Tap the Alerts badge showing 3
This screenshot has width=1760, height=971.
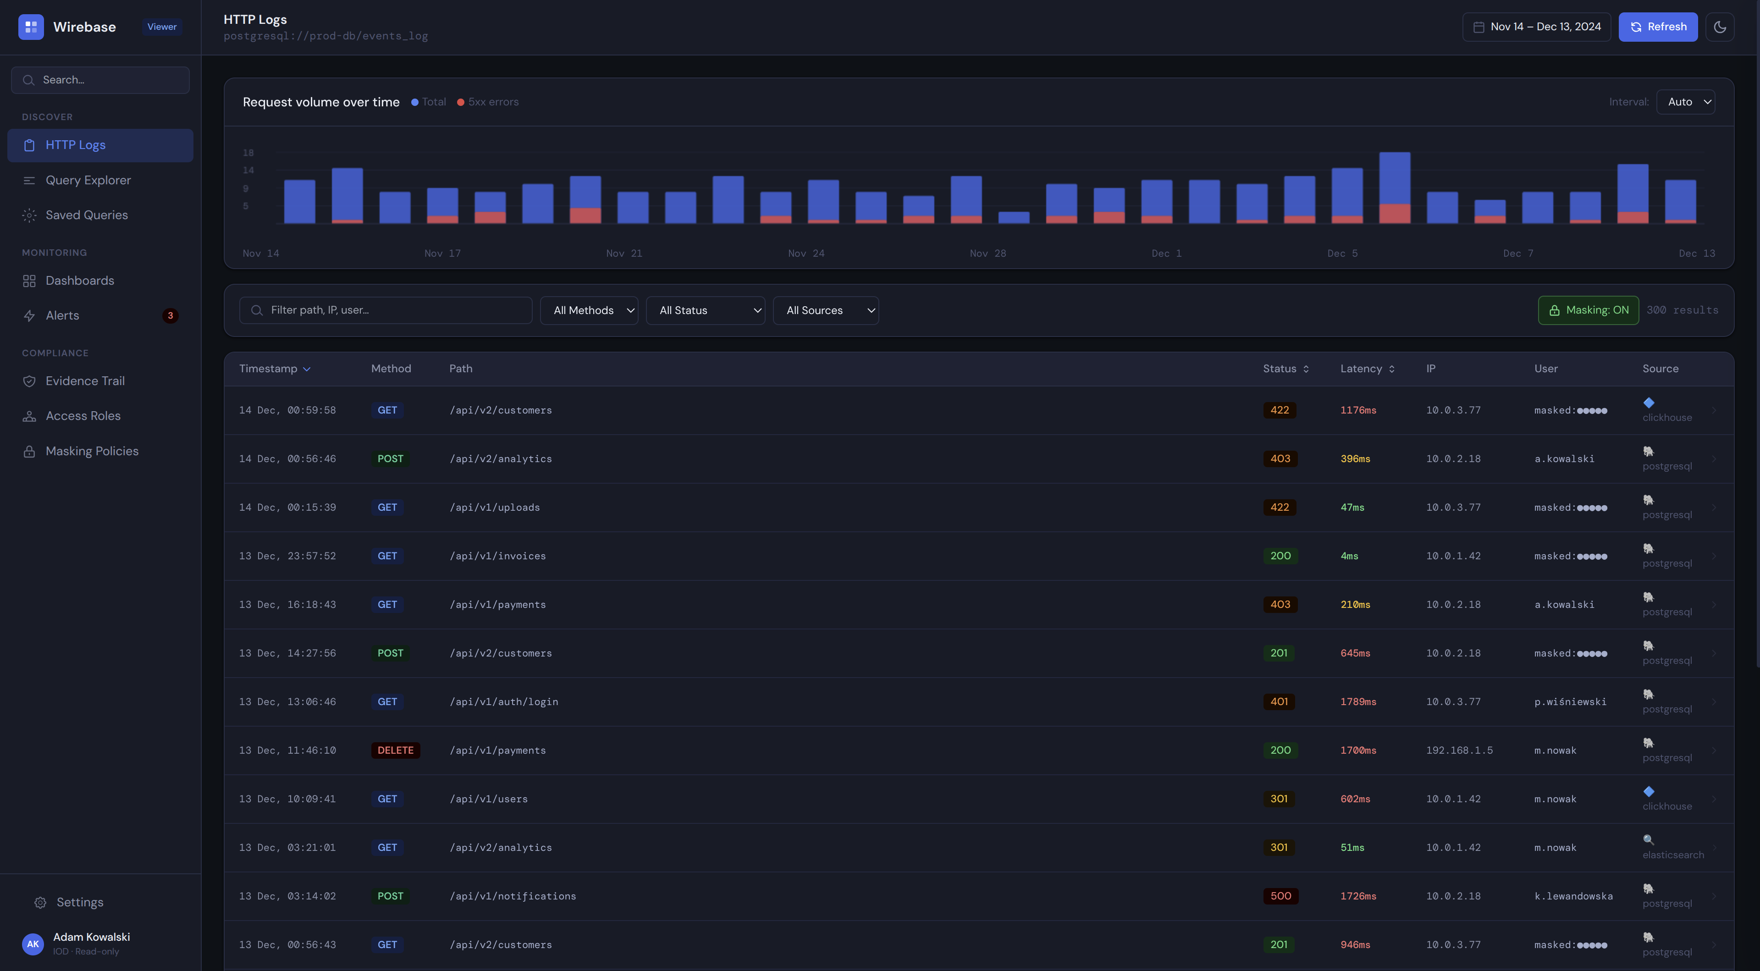(170, 316)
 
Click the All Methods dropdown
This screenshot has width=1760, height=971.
(589, 310)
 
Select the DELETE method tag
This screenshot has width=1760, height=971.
(396, 750)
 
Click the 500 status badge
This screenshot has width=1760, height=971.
(1280, 896)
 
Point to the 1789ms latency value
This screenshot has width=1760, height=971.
(1358, 702)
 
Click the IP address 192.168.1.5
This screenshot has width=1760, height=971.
(1459, 750)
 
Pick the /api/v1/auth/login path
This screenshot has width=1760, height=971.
(503, 702)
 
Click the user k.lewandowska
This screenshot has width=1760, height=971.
(1573, 896)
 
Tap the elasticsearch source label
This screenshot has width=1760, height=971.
(1673, 855)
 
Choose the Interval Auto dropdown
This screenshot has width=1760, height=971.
(1686, 102)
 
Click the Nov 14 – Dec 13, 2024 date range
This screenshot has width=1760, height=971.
(1537, 27)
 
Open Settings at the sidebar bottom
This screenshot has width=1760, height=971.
(80, 902)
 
